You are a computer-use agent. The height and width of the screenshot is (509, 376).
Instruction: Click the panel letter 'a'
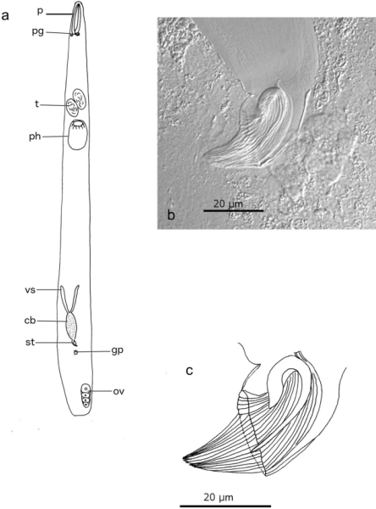pos(5,15)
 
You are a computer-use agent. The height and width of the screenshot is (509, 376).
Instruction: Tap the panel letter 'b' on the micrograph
pos(171,215)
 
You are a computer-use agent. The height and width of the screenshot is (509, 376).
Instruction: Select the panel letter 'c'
pos(190,371)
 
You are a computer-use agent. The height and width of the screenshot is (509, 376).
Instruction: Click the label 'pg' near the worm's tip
pos(38,32)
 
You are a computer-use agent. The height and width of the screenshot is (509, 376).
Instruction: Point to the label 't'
pos(37,103)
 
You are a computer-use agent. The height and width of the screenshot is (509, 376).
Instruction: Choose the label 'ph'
pos(35,137)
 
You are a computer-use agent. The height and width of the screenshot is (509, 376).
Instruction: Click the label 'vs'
pos(30,290)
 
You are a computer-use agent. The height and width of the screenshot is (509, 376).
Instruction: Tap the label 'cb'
pos(30,321)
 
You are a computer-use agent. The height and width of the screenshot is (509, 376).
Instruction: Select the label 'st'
pos(30,342)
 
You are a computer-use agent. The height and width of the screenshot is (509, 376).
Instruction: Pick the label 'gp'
pos(117,351)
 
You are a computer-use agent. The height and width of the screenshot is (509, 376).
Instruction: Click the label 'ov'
pos(119,391)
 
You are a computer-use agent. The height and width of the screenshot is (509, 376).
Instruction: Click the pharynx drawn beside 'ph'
pos(77,135)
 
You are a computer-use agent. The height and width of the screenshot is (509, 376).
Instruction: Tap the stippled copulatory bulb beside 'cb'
pos(72,326)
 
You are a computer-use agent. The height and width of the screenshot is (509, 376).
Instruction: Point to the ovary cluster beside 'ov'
pos(86,395)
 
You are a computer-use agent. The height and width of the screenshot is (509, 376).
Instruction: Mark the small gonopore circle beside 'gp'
pos(76,352)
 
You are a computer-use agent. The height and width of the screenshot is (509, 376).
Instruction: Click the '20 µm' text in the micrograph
pos(228,204)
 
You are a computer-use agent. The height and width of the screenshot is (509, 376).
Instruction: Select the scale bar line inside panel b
pos(234,210)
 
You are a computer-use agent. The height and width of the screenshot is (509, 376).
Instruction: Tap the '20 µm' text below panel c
pos(218,497)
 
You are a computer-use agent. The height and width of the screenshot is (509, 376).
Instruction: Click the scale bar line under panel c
pos(225,506)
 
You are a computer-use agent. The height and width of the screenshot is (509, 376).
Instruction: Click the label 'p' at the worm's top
pos(40,11)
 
